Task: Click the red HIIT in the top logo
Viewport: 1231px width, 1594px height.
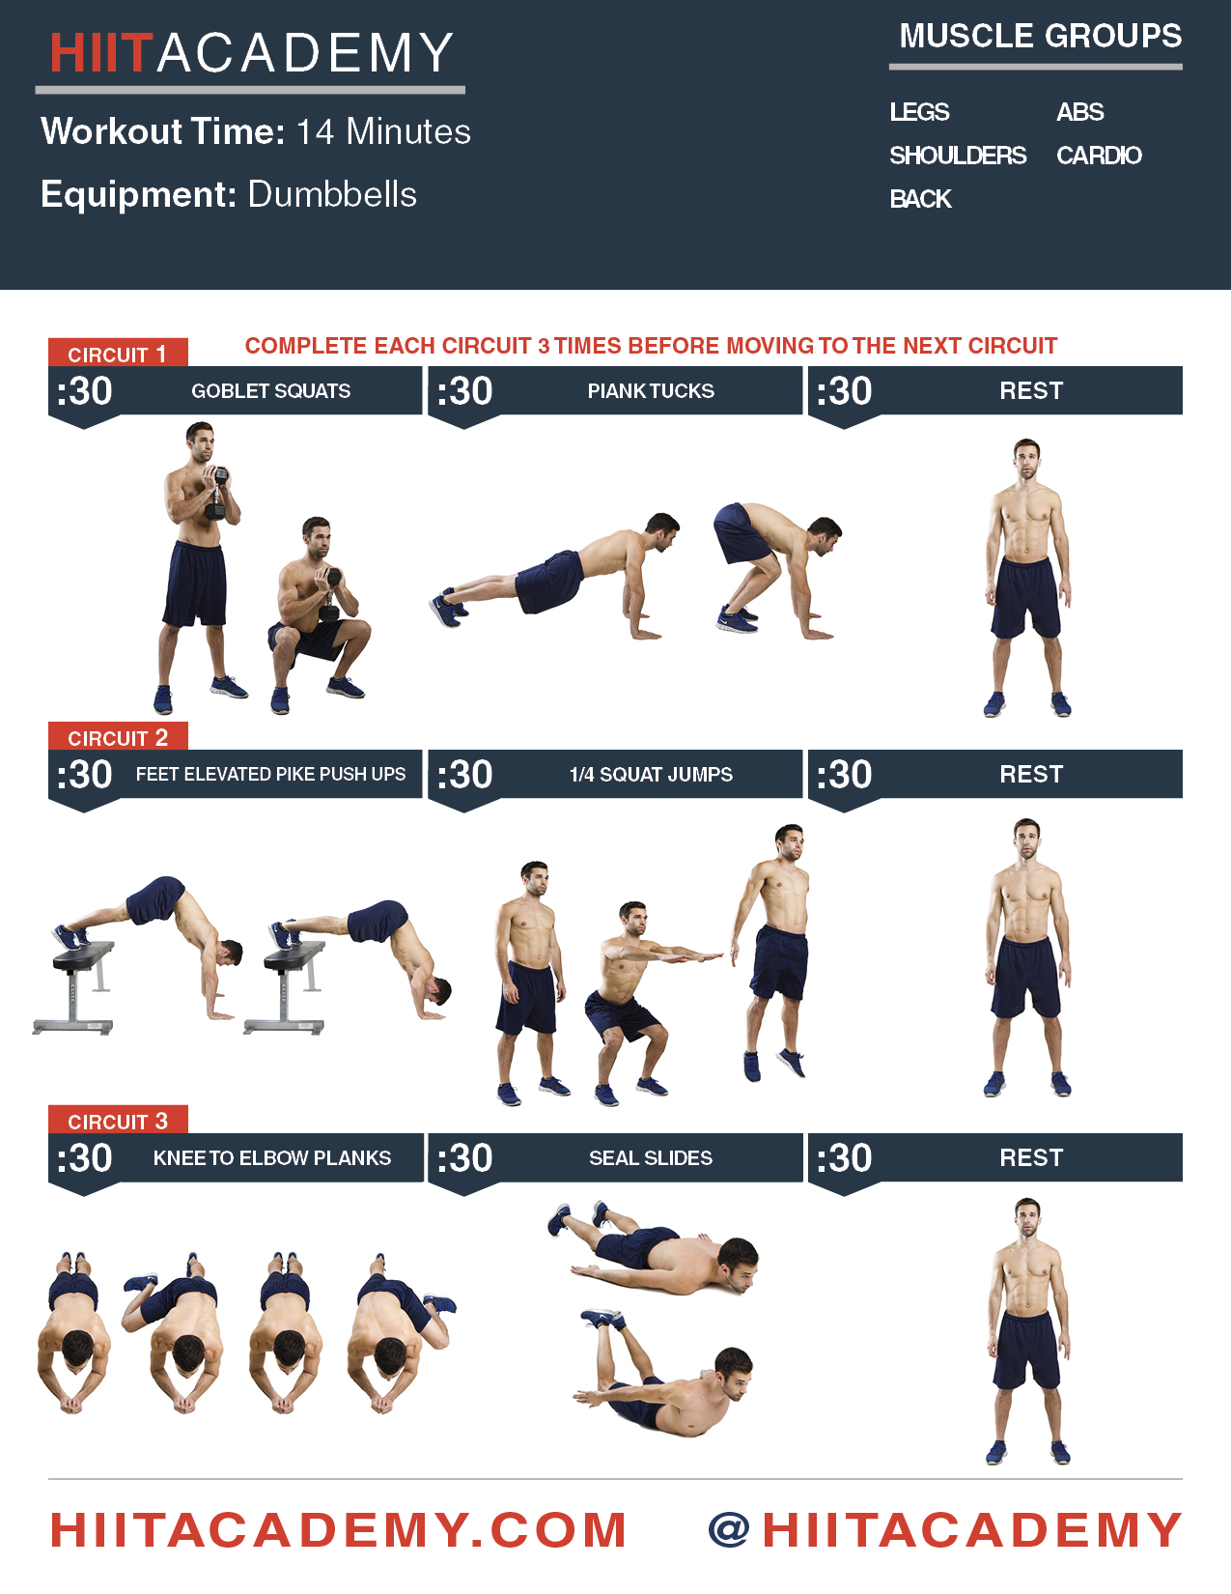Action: [100, 53]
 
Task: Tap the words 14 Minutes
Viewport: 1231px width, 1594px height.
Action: [383, 131]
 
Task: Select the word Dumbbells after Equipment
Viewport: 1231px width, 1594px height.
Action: [332, 194]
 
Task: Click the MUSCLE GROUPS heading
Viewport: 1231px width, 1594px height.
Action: [1040, 37]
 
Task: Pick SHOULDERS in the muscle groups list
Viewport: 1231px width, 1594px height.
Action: [957, 156]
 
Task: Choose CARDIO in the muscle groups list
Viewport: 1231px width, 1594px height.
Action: [1099, 156]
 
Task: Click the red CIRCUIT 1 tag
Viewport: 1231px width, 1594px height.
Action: [117, 354]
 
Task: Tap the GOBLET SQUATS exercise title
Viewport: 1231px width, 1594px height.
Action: [270, 391]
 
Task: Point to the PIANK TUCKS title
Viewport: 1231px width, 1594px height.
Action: [651, 391]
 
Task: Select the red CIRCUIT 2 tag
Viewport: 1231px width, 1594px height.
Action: [117, 737]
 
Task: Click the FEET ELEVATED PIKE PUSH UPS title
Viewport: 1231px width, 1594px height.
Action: [270, 774]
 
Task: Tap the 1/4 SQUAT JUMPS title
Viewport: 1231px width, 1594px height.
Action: [651, 774]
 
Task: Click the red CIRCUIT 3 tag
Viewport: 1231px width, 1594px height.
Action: [117, 1121]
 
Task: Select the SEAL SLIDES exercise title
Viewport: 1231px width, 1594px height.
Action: [651, 1157]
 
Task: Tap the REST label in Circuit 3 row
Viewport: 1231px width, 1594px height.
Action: [1031, 1157]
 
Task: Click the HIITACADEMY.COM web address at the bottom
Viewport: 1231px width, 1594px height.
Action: [338, 1530]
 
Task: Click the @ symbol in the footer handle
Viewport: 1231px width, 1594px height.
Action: [730, 1530]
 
